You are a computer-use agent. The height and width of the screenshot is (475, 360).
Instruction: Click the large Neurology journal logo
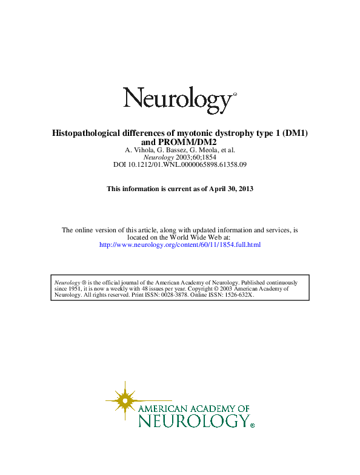tap(179, 99)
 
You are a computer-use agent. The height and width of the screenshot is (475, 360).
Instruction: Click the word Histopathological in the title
tap(85, 133)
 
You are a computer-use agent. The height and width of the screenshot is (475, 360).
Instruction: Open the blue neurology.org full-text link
tap(179, 244)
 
